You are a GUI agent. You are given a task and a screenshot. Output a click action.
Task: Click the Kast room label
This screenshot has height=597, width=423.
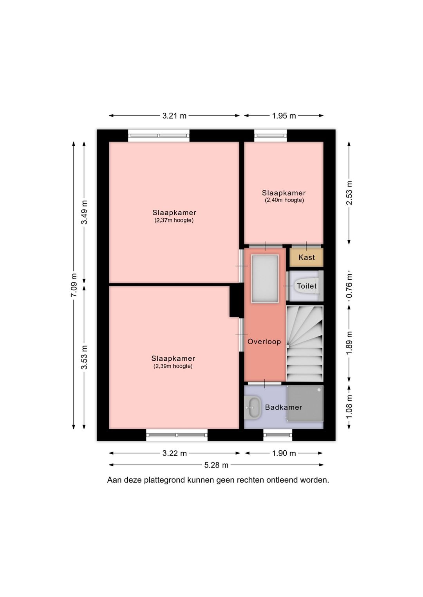pos(306,257)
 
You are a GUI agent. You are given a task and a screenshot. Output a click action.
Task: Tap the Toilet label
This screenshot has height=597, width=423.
pos(306,286)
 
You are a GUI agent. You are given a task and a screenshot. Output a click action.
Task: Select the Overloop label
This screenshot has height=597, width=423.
pos(264,342)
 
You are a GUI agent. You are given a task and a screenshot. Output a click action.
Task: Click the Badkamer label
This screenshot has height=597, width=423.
pos(284,407)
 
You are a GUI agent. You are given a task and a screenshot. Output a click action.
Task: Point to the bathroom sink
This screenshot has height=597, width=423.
pos(253,407)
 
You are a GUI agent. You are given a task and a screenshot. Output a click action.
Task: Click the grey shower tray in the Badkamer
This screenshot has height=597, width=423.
pos(305,404)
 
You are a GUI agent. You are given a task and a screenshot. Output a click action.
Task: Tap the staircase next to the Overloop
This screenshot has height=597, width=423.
pos(305,343)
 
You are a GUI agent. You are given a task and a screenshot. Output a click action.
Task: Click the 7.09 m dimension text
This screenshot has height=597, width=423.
pos(74,285)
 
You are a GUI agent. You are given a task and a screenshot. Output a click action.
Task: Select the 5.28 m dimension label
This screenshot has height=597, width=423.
pos(216,465)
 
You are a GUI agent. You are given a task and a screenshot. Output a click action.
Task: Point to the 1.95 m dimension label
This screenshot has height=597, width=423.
pos(284,116)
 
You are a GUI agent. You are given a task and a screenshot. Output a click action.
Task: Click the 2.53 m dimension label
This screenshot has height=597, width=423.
pos(349,193)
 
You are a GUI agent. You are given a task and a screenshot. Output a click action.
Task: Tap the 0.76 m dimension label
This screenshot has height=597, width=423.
pos(349,286)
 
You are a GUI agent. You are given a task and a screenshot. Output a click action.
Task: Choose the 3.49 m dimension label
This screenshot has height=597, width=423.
pos(84,212)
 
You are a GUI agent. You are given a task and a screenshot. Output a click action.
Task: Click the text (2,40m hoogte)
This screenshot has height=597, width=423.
pos(284,200)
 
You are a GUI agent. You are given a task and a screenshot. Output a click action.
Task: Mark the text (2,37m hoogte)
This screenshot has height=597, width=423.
pos(174,220)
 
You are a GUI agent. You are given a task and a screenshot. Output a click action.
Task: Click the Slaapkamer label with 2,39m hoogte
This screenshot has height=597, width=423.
pos(173,358)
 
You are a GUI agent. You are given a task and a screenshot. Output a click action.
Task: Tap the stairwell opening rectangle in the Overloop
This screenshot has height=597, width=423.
pos(265,279)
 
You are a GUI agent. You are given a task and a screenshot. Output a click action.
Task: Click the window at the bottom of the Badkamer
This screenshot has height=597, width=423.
pos(278,435)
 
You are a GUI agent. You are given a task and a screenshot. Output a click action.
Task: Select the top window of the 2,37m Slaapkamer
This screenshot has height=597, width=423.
pos(159,136)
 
